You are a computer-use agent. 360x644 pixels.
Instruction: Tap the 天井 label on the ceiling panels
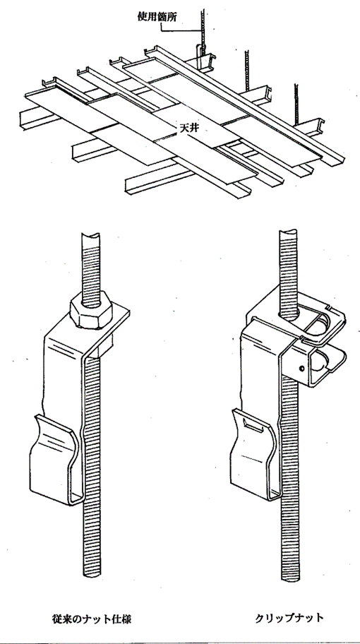(187, 128)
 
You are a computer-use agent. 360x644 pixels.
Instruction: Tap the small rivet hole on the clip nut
(302, 369)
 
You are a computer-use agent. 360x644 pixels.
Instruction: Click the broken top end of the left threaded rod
(91, 236)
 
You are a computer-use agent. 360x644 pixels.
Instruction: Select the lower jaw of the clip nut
(328, 362)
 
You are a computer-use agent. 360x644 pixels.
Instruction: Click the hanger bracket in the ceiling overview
(200, 56)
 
